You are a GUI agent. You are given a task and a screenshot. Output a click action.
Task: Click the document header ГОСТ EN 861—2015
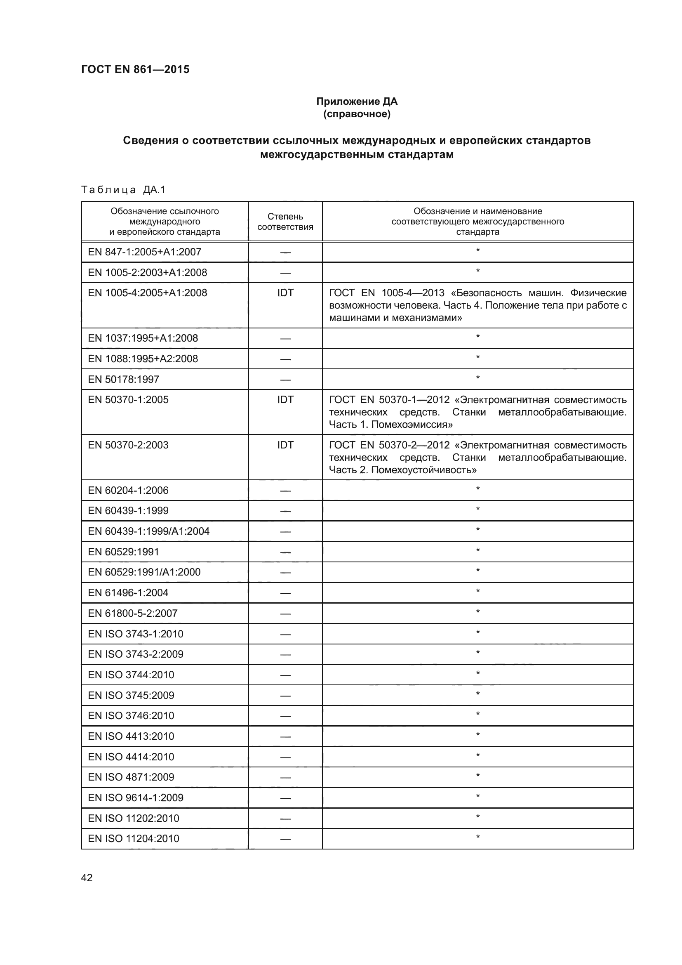pyautogui.click(x=135, y=69)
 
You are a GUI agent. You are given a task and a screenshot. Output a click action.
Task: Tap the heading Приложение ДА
pyautogui.click(x=357, y=101)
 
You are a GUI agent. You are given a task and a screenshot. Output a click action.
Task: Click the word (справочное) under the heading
pyautogui.click(x=357, y=114)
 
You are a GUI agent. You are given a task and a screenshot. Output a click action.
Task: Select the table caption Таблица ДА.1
pyautogui.click(x=123, y=190)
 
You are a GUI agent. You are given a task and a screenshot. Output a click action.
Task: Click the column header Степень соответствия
pyautogui.click(x=285, y=222)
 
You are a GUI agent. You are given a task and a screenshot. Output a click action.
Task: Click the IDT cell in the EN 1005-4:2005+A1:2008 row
pyautogui.click(x=285, y=293)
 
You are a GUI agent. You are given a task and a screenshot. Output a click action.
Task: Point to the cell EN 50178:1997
pyautogui.click(x=123, y=379)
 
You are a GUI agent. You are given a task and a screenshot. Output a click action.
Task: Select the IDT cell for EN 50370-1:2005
pyautogui.click(x=285, y=400)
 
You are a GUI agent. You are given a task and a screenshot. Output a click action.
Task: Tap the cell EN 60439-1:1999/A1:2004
pyautogui.click(x=149, y=531)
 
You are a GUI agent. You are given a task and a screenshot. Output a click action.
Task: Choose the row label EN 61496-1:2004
pyautogui.click(x=128, y=592)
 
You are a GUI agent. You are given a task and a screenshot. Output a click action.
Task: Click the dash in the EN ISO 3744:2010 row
pyautogui.click(x=285, y=675)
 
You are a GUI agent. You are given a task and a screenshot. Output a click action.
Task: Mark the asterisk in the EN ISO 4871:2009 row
pyautogui.click(x=477, y=776)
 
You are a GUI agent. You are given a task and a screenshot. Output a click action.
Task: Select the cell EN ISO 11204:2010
pyautogui.click(x=134, y=838)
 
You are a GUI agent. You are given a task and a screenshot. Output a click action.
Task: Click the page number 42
pyautogui.click(x=87, y=878)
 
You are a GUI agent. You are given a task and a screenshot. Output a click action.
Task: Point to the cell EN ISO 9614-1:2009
pyautogui.click(x=136, y=797)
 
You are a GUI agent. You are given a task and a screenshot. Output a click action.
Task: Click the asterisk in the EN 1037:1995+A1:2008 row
pyautogui.click(x=477, y=337)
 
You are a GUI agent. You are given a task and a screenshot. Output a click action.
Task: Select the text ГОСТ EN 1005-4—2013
pyautogui.click(x=386, y=293)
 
